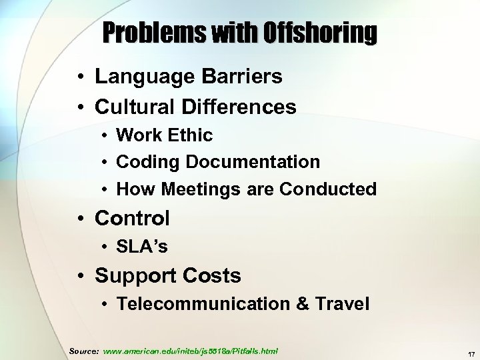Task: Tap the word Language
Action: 137,77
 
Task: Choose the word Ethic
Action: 191,135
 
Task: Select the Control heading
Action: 132,218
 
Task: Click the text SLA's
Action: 142,247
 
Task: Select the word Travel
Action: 341,304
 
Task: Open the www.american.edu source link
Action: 191,351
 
